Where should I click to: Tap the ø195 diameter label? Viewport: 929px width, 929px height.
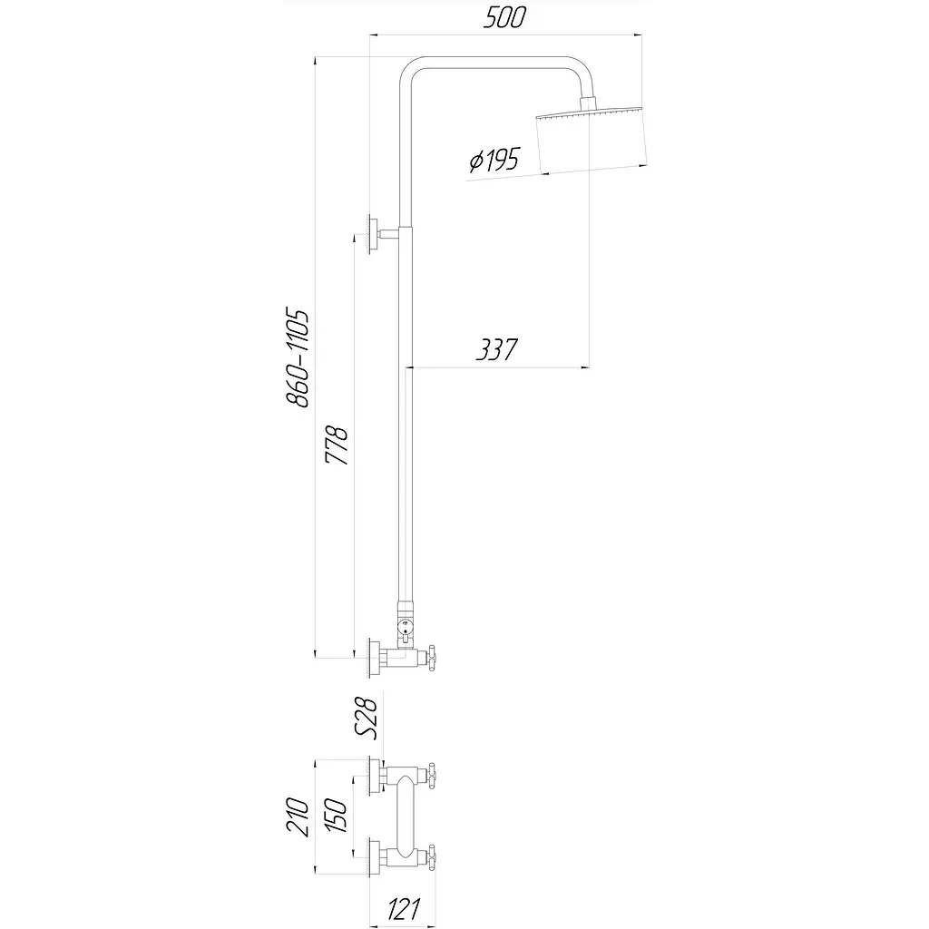click(x=494, y=160)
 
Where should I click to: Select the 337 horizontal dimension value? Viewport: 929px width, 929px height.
click(x=496, y=349)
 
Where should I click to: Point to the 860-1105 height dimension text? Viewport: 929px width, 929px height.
click(x=298, y=357)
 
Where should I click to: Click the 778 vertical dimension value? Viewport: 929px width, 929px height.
click(x=337, y=445)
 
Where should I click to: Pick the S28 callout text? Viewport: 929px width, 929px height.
click(x=366, y=719)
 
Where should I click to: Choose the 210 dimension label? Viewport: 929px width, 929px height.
click(x=298, y=817)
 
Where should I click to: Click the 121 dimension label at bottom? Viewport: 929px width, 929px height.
click(x=404, y=909)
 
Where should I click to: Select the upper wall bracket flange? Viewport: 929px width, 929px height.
click(x=373, y=234)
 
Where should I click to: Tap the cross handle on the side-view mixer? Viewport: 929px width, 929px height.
click(x=432, y=658)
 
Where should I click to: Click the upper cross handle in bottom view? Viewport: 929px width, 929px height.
click(x=432, y=776)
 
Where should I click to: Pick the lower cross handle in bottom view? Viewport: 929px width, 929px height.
click(x=432, y=857)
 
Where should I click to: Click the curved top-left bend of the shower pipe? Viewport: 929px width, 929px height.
click(x=410, y=69)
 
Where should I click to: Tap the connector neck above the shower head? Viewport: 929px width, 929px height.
click(x=589, y=103)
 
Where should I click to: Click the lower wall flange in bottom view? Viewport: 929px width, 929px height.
click(x=373, y=857)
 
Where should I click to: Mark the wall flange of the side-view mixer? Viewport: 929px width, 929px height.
click(x=373, y=658)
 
